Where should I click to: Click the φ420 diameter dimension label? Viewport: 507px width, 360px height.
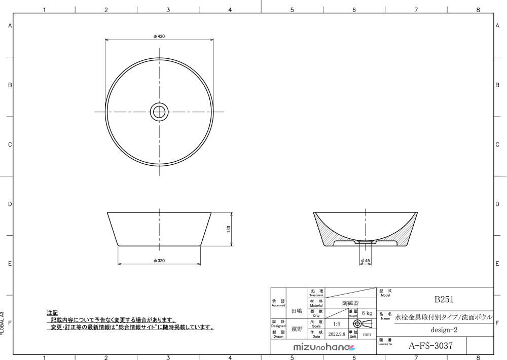[159, 36]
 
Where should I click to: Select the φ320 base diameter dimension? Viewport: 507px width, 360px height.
[159, 261]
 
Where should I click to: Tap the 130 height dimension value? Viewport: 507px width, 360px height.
[229, 229]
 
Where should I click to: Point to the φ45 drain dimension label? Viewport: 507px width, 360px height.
[365, 261]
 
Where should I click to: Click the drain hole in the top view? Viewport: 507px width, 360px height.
[159, 112]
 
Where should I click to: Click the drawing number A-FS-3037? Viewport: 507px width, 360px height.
[430, 346]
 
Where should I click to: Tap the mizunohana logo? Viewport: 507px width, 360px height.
[325, 347]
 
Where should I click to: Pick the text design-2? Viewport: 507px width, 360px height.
[444, 330]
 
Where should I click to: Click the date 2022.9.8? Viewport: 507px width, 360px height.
[336, 335]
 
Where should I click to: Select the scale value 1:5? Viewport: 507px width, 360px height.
[336, 323]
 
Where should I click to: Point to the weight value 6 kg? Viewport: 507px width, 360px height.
[367, 313]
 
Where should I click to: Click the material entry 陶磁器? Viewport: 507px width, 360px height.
[350, 303]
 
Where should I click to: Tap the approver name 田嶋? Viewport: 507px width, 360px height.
[297, 310]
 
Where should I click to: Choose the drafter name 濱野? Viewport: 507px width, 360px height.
[297, 329]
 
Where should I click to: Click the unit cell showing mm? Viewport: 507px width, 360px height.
[367, 335]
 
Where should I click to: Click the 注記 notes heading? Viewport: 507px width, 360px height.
[52, 313]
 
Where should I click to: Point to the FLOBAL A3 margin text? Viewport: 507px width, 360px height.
[3, 325]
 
